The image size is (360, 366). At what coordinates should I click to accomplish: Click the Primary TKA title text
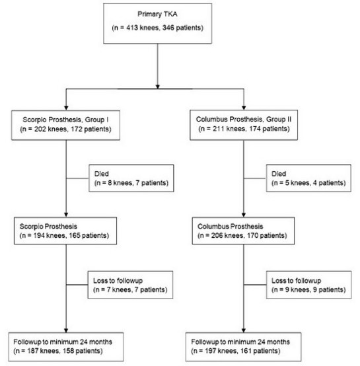pos(157,14)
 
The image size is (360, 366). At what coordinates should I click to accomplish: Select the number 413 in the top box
pos(132,28)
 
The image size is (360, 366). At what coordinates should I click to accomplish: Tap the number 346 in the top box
pos(168,28)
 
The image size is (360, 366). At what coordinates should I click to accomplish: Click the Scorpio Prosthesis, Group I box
pos(66,126)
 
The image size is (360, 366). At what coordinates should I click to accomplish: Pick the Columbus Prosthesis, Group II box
pos(244,125)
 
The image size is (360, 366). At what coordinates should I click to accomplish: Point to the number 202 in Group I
pos(40,129)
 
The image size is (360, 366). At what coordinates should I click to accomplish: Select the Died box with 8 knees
pos(131,178)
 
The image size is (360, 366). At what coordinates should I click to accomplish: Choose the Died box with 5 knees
pos(308,178)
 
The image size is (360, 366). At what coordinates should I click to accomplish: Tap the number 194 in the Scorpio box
pos(39,235)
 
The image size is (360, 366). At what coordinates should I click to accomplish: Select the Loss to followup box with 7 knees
pos(130,285)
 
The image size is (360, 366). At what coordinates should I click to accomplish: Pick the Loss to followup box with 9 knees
pos(308,285)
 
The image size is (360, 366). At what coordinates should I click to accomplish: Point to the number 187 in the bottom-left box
pos(33,351)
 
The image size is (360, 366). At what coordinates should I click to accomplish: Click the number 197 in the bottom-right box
pos(211,351)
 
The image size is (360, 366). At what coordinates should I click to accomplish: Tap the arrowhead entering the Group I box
pos(66,108)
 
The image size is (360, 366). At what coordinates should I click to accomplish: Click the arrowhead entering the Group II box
pos(244,108)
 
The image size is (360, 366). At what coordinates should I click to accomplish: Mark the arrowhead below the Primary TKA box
pos(157,87)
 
